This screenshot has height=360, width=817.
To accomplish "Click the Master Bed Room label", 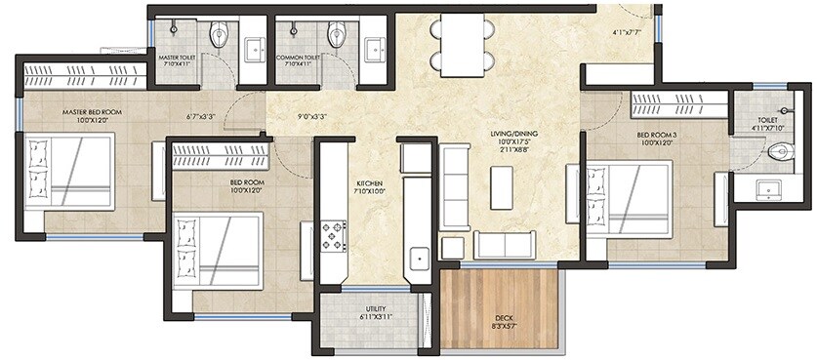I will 91,112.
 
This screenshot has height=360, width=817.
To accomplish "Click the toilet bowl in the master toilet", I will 219,36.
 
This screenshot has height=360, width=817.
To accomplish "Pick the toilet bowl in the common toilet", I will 337,36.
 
